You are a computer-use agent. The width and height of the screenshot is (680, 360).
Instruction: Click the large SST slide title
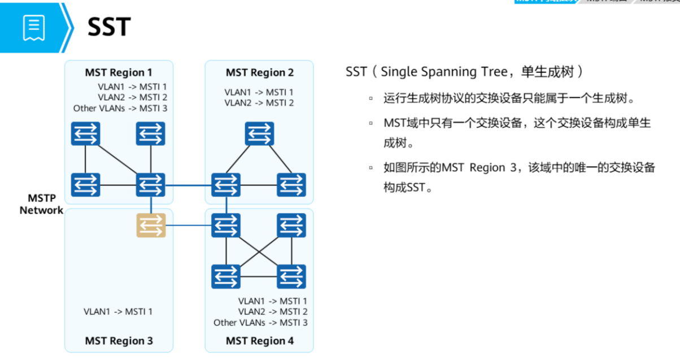[x=109, y=27]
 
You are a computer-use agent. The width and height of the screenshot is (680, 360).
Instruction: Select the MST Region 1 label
[x=119, y=72]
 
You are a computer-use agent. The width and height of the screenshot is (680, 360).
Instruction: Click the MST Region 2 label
[x=260, y=72]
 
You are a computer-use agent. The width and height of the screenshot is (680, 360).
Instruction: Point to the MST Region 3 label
[x=119, y=341]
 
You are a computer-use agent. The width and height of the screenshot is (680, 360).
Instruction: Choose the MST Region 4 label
[x=260, y=341]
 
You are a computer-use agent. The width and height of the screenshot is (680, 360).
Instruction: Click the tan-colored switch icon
[x=151, y=225]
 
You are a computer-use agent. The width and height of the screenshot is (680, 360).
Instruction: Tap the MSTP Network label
[x=41, y=204]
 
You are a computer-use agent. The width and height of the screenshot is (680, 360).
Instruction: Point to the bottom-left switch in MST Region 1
[x=85, y=185]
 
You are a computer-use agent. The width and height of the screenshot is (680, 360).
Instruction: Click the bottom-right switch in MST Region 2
[x=291, y=185]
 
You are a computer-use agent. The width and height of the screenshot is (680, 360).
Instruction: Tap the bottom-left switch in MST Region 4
[x=226, y=276]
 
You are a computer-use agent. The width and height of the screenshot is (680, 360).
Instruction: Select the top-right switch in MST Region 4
[x=291, y=225]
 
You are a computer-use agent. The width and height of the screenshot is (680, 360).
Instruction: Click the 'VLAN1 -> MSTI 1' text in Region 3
[x=118, y=311]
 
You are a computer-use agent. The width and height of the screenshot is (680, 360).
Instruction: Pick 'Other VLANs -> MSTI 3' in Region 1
[x=120, y=109]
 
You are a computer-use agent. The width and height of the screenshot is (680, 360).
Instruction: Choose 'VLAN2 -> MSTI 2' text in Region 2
[x=259, y=103]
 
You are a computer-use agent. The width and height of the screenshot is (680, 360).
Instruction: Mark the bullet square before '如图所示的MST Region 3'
[x=371, y=168]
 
